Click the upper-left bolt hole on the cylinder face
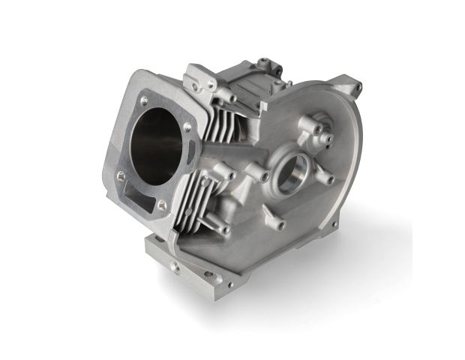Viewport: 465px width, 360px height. click(x=142, y=100)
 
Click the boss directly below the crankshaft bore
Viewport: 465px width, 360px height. click(x=279, y=222)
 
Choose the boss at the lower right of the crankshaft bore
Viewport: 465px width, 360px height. click(x=328, y=180)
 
